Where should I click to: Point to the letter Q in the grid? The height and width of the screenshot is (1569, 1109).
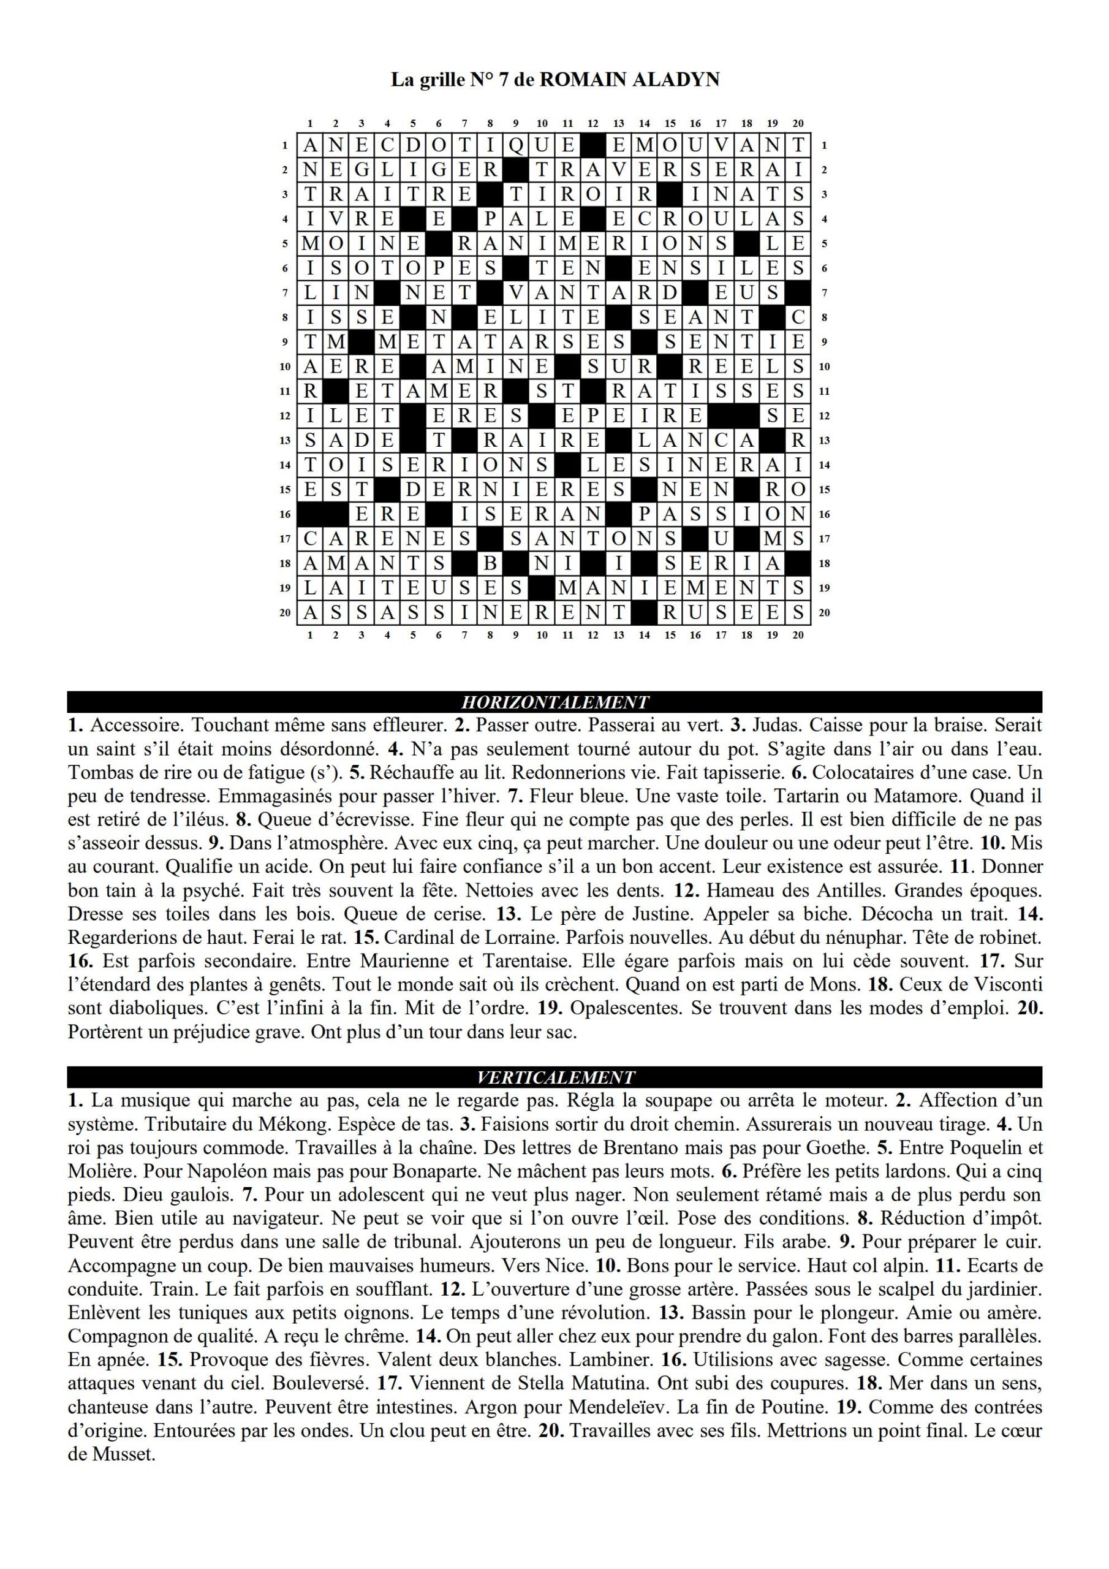point(516,145)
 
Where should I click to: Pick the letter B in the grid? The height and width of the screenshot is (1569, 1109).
point(490,564)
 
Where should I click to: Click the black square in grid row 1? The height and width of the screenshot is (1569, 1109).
point(592,145)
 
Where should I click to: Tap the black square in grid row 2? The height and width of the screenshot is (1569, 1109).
point(516,170)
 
